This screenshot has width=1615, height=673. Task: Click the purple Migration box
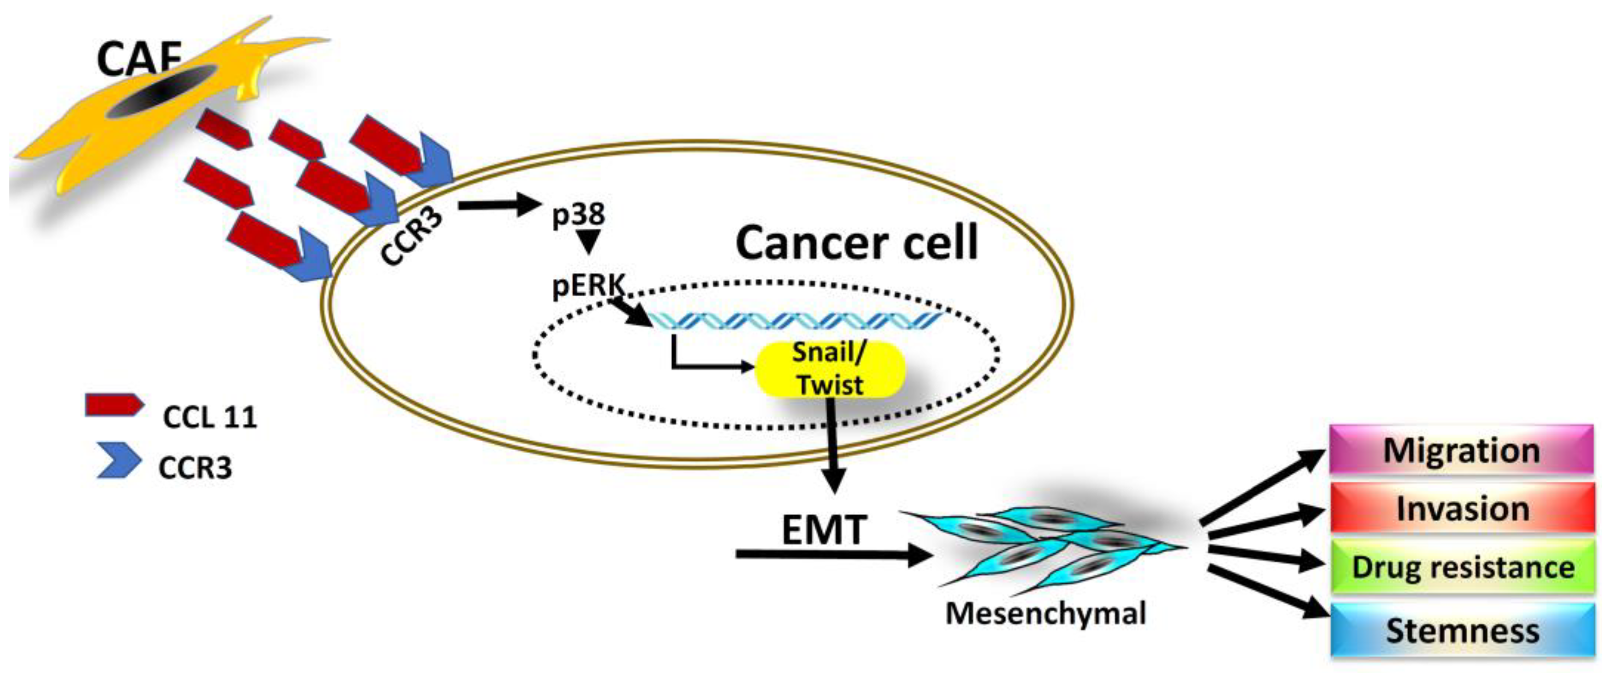(1461, 450)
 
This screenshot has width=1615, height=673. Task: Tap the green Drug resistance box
(1462, 566)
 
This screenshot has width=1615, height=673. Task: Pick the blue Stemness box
(1462, 630)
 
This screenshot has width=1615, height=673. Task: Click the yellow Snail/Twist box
(830, 369)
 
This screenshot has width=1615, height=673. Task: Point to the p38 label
(578, 215)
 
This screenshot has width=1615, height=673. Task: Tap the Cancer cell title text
(856, 243)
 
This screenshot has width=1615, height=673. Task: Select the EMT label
(824, 529)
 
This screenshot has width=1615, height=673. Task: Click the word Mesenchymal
(1045, 613)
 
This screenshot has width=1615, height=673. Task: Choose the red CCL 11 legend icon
(113, 405)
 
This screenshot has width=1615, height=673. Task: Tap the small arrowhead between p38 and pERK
(588, 241)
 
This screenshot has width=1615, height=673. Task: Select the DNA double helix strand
(796, 321)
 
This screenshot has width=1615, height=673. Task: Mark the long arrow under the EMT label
(831, 554)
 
